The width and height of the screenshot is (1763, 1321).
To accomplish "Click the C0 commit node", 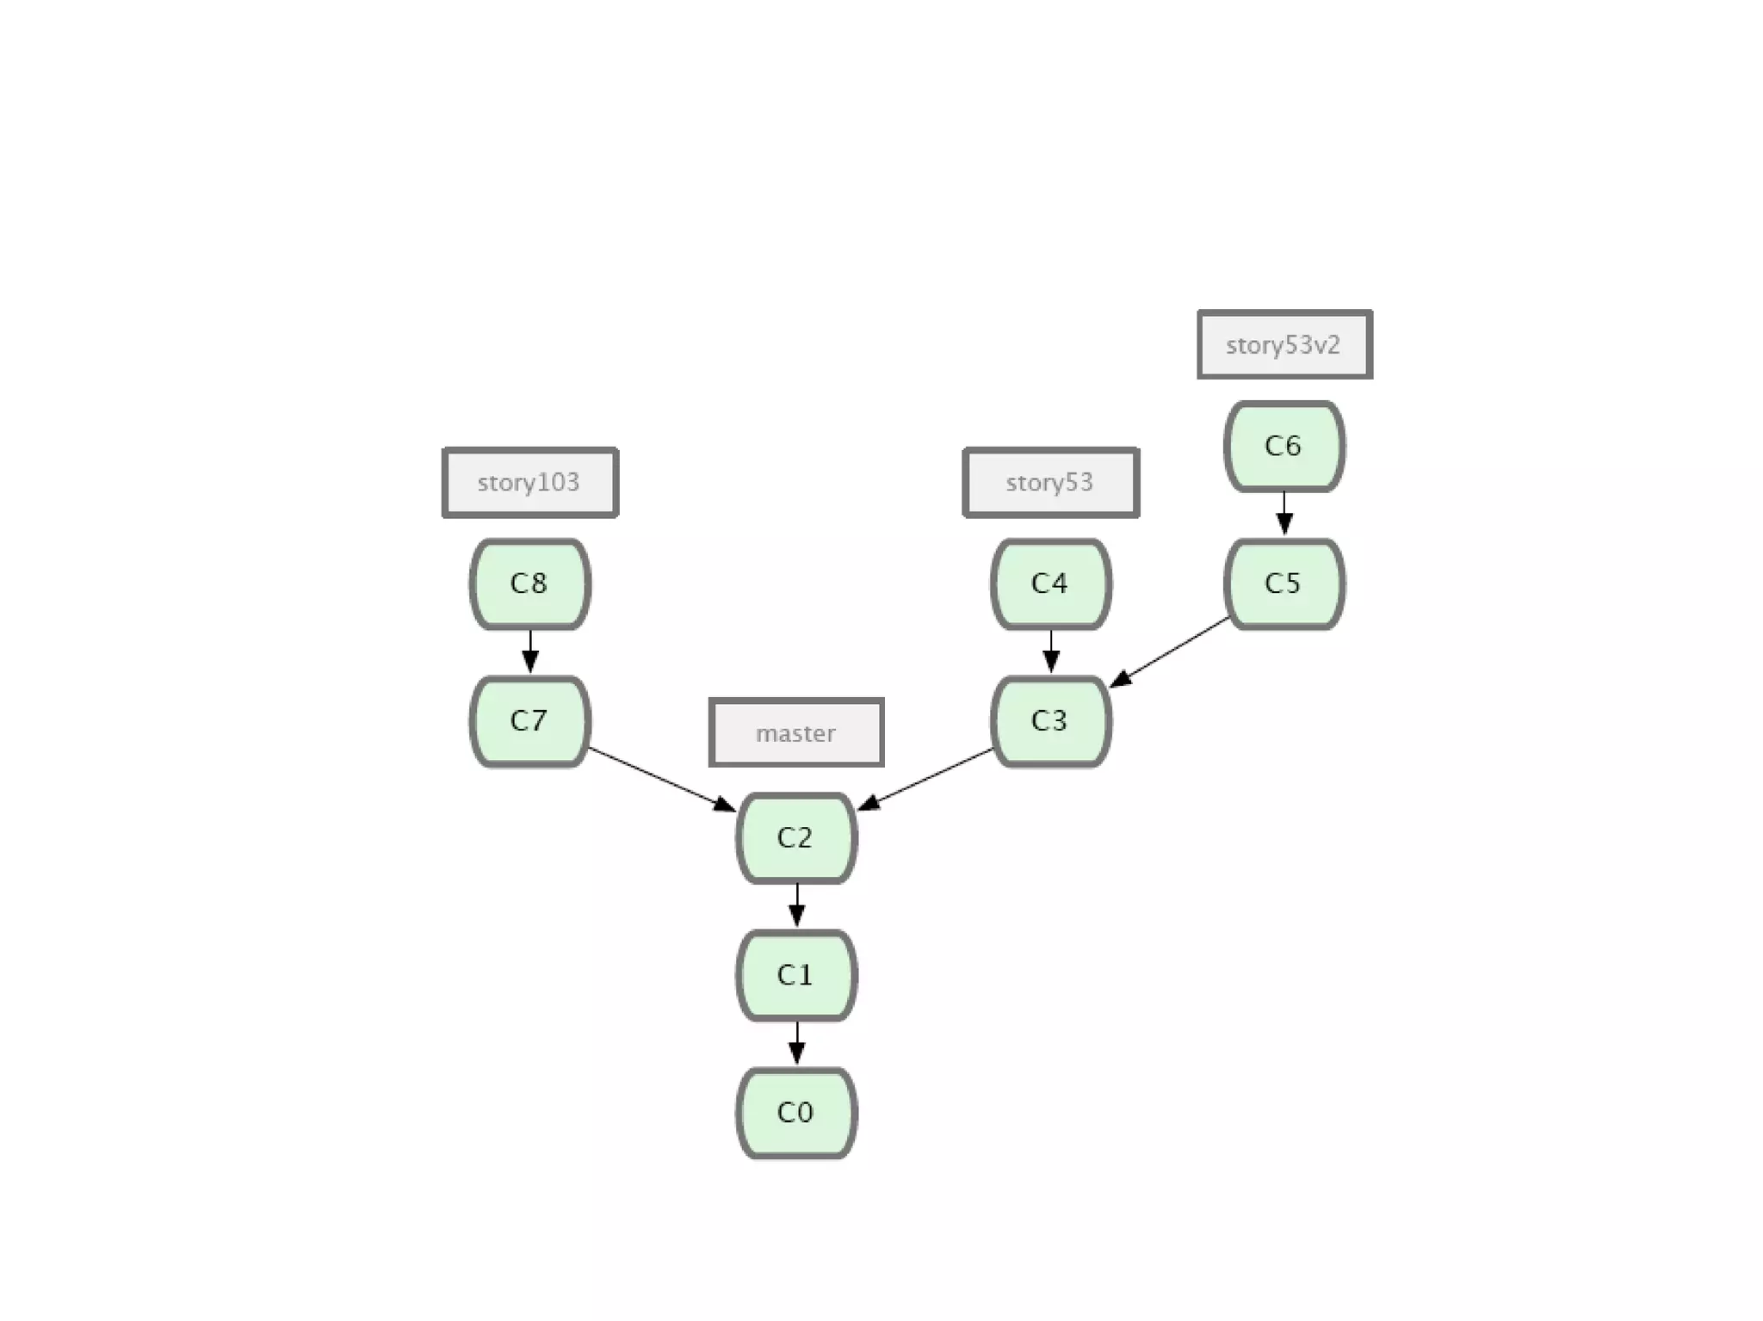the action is [796, 1113].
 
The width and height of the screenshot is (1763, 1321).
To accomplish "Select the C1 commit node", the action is [796, 975].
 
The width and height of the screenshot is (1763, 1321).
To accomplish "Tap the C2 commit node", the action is [796, 837].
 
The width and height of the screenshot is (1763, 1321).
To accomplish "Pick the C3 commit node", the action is [1050, 721].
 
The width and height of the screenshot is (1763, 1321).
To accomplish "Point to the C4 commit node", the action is [1050, 583].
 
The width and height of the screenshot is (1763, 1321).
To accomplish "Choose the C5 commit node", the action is [1284, 583].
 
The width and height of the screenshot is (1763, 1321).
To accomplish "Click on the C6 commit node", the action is [1284, 446].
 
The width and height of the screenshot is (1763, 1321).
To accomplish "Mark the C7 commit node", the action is [529, 721].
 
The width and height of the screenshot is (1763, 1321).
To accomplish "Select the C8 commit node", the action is [529, 583].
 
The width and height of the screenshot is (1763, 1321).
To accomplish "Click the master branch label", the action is [796, 732].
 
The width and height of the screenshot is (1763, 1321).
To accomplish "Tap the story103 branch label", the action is [529, 482].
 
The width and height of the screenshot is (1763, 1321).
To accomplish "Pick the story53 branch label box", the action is [1050, 482].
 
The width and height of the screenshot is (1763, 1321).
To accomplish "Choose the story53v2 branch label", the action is [1284, 344].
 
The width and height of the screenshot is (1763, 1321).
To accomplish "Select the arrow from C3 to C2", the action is [926, 779].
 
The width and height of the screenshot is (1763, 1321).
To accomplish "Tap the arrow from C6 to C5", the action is [1284, 513].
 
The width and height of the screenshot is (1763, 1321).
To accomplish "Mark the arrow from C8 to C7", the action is [529, 651].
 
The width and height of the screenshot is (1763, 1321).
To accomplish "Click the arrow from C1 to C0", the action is [796, 1043].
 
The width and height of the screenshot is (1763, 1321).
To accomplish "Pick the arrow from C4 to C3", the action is [1050, 651].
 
